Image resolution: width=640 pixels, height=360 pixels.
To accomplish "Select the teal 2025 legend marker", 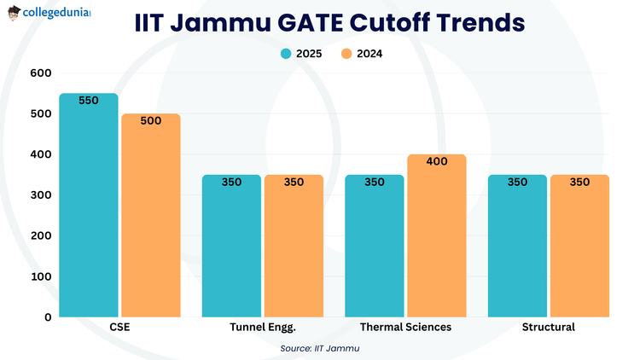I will click(287, 54).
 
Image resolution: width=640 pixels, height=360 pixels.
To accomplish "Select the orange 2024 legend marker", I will click(346, 54).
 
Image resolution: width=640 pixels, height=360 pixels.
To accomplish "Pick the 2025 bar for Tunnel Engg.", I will click(231, 247).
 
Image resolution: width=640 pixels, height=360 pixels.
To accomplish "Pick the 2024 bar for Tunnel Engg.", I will click(294, 247).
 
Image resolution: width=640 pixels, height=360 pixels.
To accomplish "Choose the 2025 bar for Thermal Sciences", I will click(374, 247).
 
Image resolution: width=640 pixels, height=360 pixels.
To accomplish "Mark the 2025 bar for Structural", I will click(517, 247).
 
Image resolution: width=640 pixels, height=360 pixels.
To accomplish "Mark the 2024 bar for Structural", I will click(579, 247).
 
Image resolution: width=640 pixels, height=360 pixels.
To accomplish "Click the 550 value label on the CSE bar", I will click(88, 100).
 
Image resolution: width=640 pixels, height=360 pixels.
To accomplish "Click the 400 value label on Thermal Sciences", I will click(437, 161).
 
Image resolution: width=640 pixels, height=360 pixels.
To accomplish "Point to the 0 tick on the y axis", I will click(48, 317).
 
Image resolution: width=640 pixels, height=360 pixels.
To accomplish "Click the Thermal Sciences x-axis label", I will click(405, 328).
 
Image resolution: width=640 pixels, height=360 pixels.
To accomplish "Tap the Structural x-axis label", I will click(548, 328).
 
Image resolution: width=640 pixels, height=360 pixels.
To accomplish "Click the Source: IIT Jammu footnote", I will click(320, 348).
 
